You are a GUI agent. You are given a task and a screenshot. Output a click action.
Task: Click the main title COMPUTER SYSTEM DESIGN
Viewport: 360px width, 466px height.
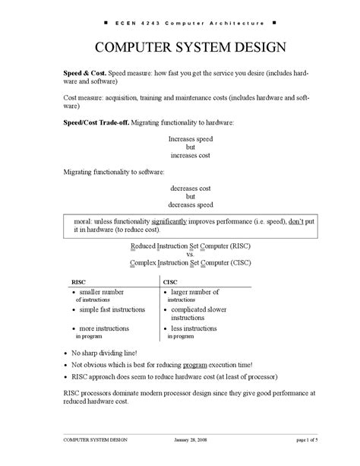tap(180, 47)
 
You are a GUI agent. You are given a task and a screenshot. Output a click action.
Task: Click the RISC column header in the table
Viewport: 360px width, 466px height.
tap(78, 281)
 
